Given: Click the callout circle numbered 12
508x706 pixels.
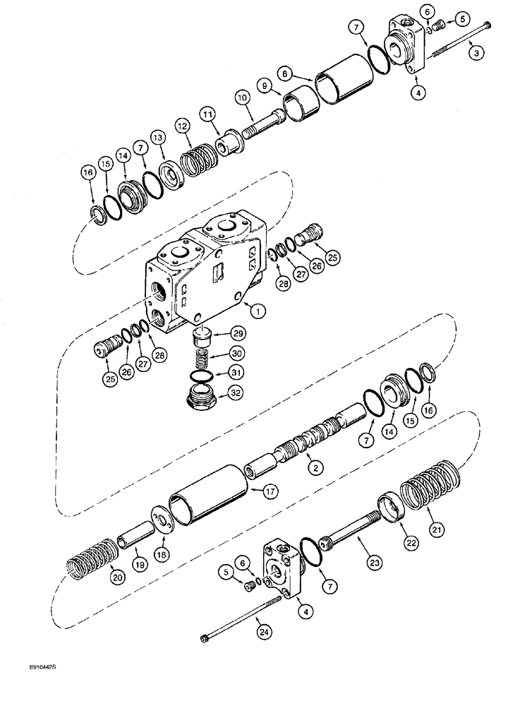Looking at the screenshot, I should coord(183,125).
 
